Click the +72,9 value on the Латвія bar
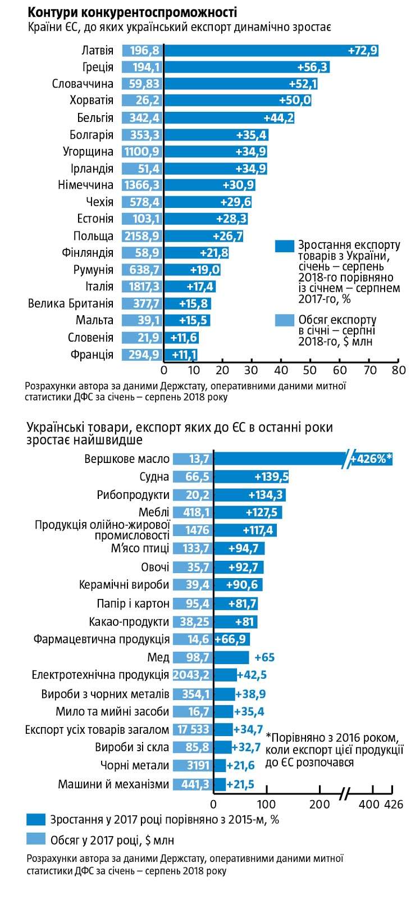[x=362, y=51]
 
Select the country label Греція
[x=98, y=67]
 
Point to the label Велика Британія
[x=71, y=304]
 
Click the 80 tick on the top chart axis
[x=398, y=370]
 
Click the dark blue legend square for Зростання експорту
[x=284, y=246]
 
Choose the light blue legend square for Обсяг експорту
[x=284, y=320]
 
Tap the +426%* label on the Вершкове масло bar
[x=371, y=459]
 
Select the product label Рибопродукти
[x=133, y=495]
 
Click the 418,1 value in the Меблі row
[x=191, y=512]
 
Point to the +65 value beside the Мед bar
[x=264, y=657]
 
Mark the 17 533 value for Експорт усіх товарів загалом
[x=193, y=730]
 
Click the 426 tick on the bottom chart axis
[x=393, y=805]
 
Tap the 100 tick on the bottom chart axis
[x=266, y=805]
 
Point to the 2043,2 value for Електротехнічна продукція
[x=192, y=675]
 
